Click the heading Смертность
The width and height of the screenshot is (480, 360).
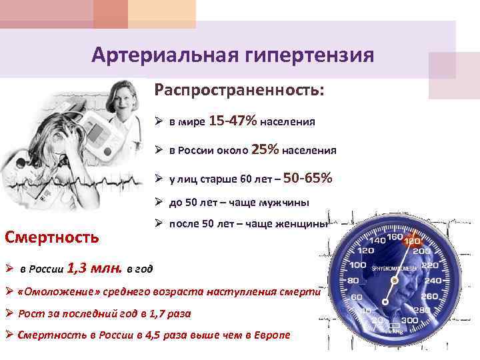point(52,236)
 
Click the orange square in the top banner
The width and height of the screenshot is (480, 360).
point(111,14)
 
